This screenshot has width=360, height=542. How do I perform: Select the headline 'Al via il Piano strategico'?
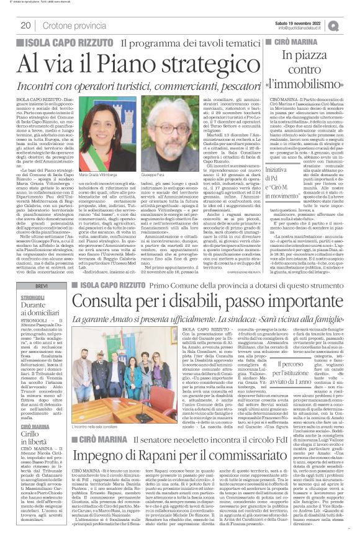[115, 63]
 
